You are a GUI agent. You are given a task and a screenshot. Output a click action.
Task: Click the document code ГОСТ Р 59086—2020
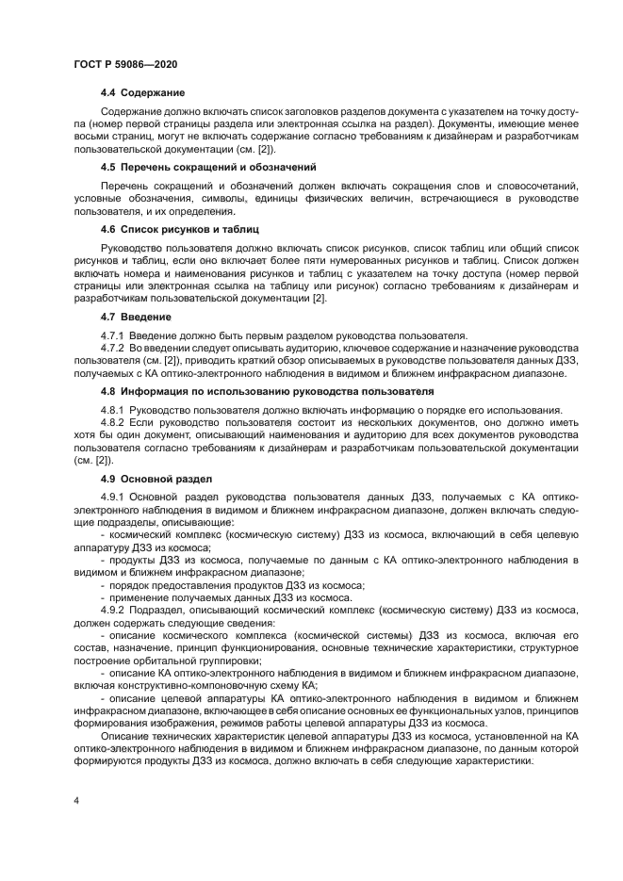tap(125, 63)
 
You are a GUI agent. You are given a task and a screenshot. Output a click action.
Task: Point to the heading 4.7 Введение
tap(136, 317)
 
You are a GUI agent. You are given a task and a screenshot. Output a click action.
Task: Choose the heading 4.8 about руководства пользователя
tap(267, 391)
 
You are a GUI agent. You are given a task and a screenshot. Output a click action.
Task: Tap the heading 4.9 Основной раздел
tap(156, 479)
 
